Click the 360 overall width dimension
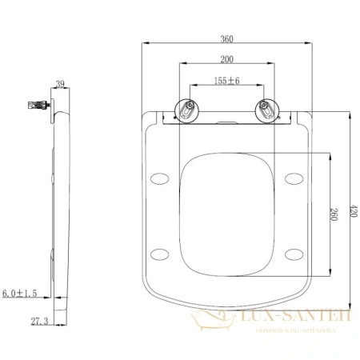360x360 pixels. tap(227, 38)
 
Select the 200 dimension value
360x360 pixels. tap(227, 59)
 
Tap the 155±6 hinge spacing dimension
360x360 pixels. tap(227, 80)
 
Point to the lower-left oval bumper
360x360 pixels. tap(160, 254)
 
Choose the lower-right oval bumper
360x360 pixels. tap(294, 254)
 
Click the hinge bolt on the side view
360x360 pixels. tap(36, 104)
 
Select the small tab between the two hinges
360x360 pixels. tap(227, 122)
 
